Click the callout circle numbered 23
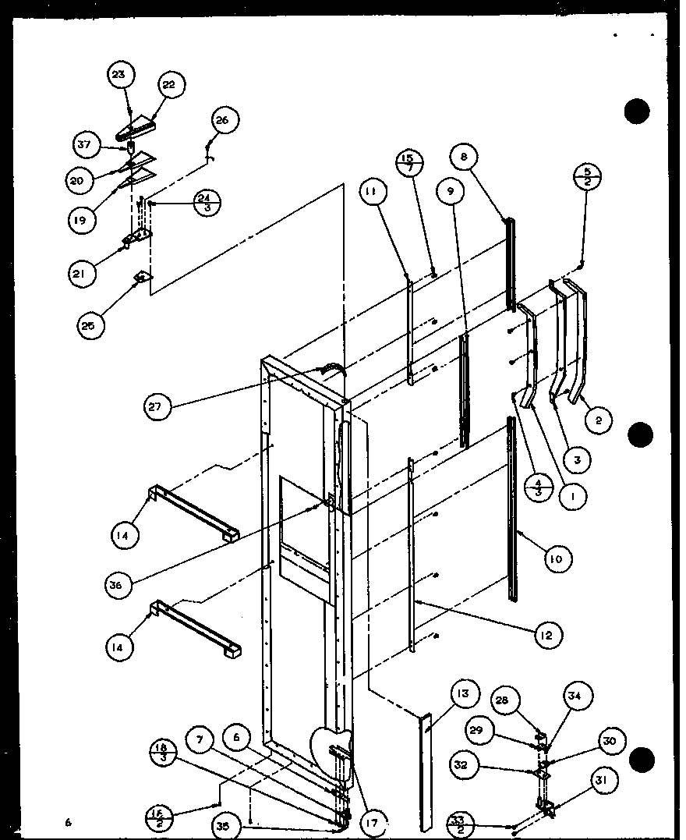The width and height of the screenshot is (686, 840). point(120,75)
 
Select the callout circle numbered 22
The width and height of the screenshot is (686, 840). point(168,85)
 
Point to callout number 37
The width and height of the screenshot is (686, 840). point(85,145)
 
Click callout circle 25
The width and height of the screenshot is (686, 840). point(88,325)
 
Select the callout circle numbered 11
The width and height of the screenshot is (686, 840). point(373,190)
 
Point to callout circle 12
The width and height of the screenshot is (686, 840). point(548,636)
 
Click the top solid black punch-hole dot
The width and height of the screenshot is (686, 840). point(637,112)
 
